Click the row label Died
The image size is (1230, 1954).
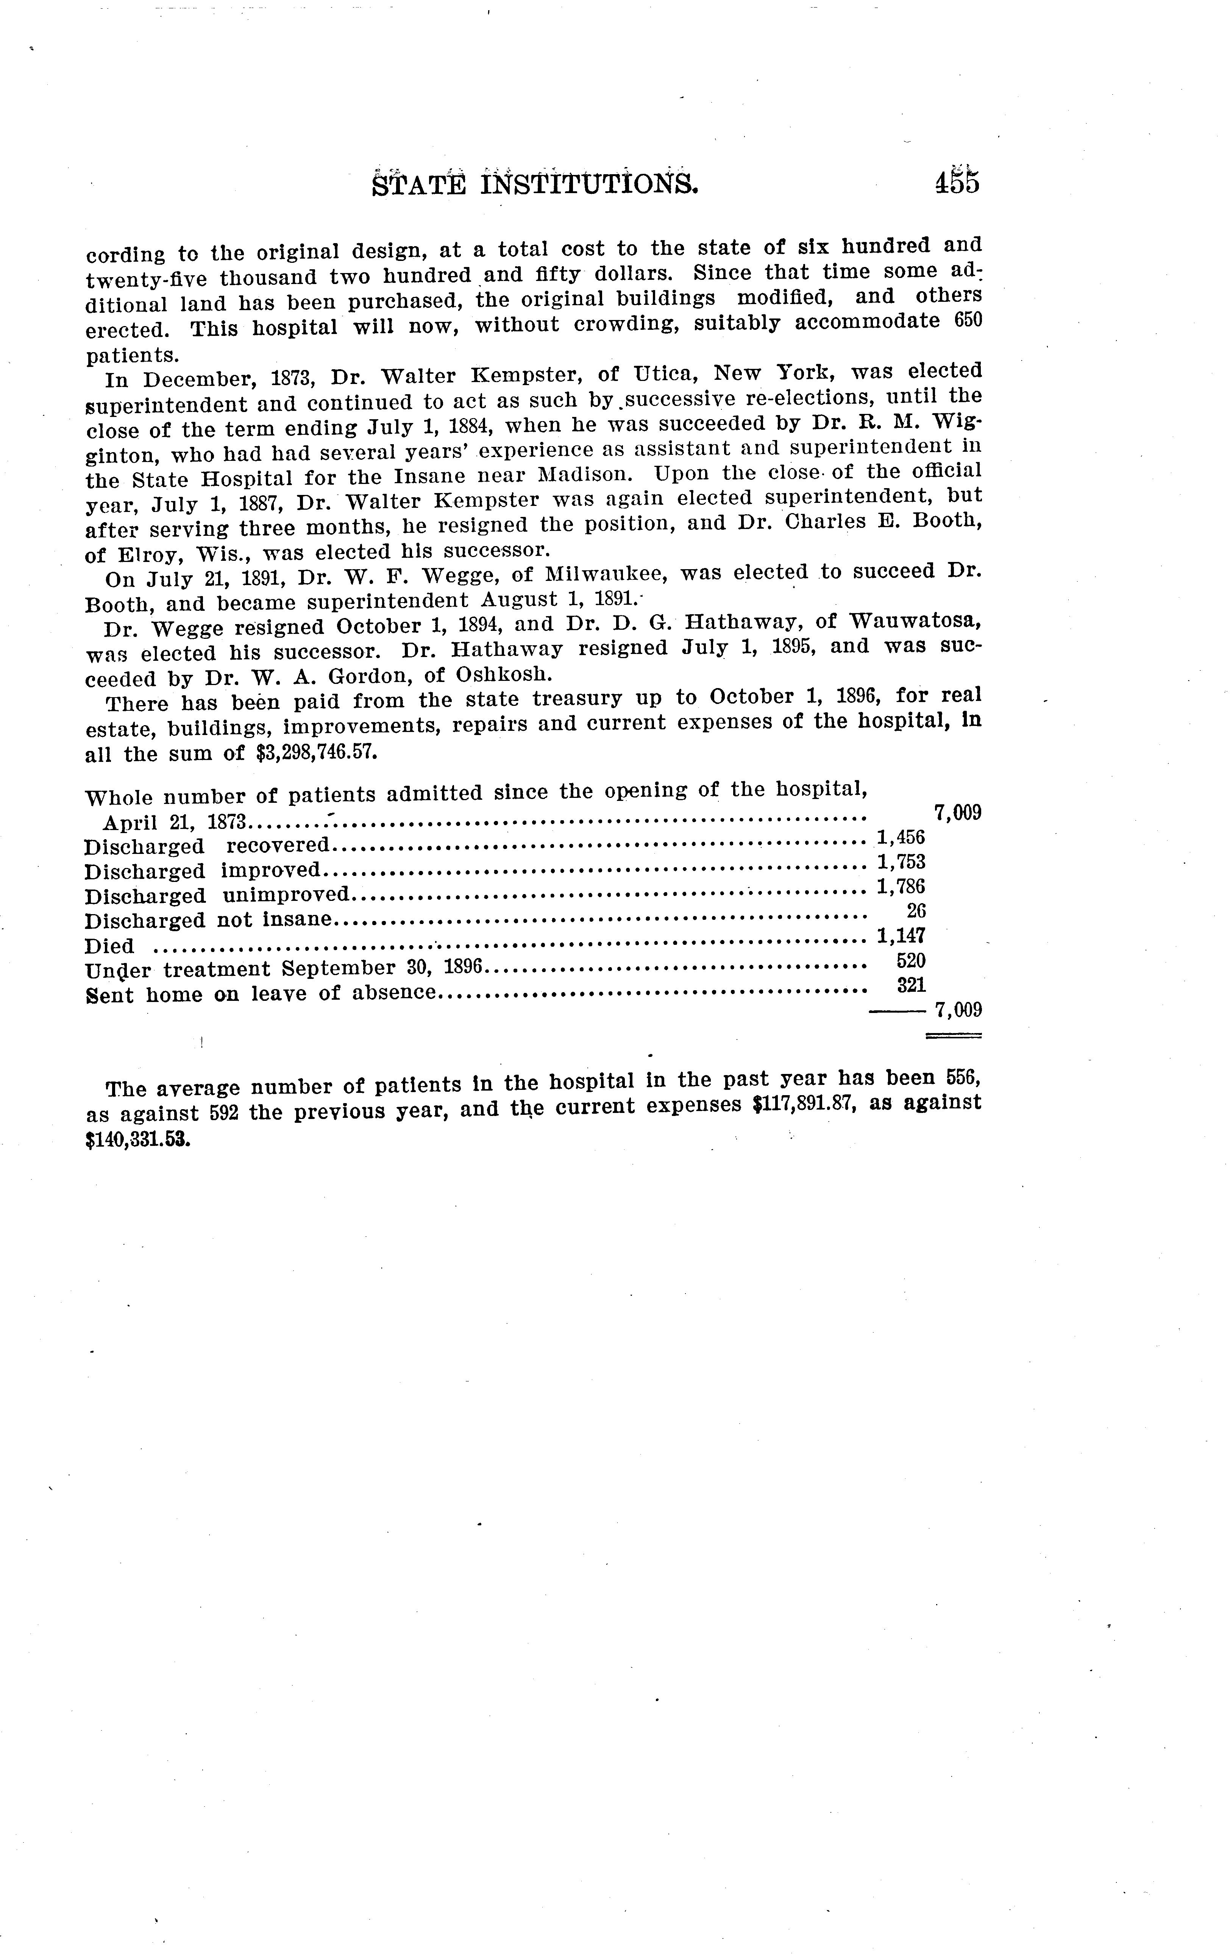click(x=109, y=947)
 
